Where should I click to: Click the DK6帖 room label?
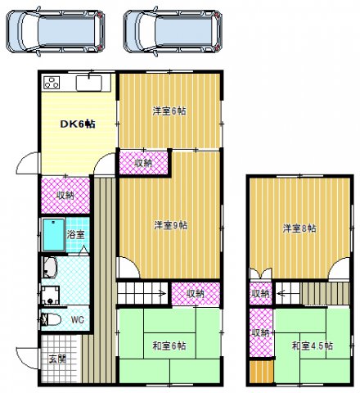coord(78,124)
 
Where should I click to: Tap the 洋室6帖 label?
coord(169,111)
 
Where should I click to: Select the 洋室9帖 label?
coord(171,225)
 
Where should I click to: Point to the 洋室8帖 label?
coord(299,228)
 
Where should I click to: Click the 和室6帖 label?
coord(169,346)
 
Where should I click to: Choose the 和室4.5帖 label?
coord(313,346)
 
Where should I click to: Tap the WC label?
coord(78,319)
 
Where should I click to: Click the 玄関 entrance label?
coord(57,359)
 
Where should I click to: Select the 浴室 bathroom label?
coord(75,234)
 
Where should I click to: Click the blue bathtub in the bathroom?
coord(54,235)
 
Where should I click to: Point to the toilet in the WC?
coord(51,319)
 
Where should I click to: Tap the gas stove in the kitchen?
coord(52,83)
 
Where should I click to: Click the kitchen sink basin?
coord(89,83)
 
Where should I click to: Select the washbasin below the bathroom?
coord(50,267)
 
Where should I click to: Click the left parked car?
coord(56,32)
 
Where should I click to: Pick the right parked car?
coord(173,32)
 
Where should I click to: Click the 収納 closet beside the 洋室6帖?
coord(143,163)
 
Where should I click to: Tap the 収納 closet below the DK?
coord(65,196)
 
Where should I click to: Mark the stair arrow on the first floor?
coord(162,294)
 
